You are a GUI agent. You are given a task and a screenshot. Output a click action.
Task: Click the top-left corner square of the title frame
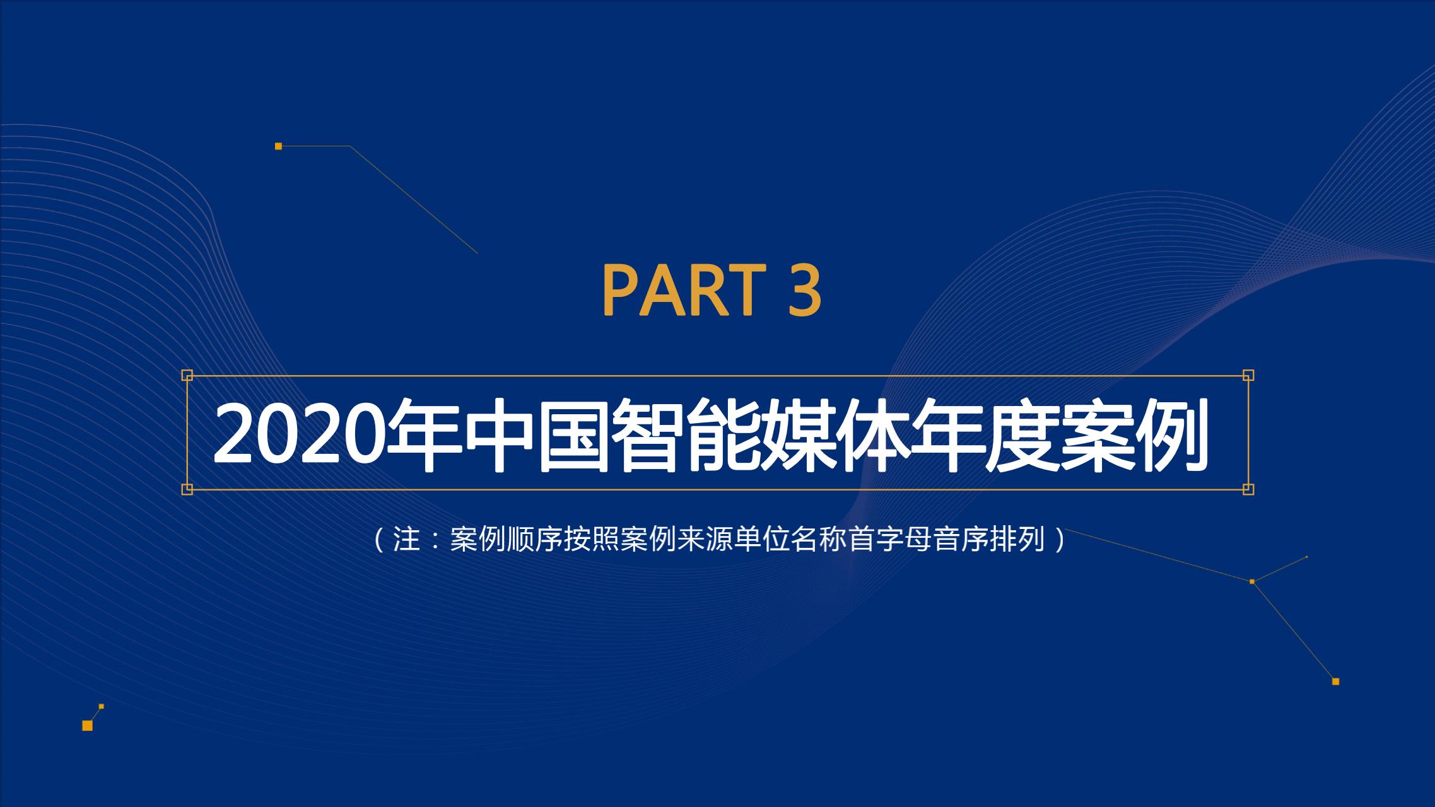[187, 376]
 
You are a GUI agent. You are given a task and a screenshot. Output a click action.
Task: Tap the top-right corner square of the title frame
[1248, 376]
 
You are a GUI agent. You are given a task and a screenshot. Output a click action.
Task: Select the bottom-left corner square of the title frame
[187, 489]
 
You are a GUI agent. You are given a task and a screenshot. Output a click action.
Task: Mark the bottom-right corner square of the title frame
[1248, 489]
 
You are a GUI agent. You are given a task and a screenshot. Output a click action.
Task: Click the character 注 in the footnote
[406, 540]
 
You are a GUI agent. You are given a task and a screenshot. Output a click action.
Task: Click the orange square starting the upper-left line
[278, 146]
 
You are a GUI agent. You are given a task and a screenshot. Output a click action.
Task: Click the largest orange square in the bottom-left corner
[88, 726]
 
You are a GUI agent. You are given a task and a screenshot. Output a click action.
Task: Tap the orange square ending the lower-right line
[1335, 682]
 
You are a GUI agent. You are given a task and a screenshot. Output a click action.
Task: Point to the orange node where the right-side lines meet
[1252, 581]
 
